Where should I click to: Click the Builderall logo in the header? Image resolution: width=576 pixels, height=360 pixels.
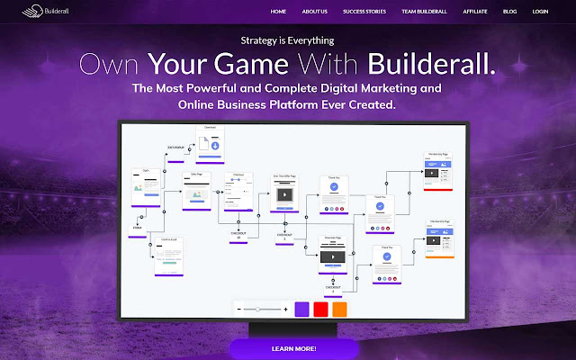point(29,13)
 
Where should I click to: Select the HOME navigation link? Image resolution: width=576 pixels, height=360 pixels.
point(278,13)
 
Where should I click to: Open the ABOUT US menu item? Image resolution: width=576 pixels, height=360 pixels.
point(315,13)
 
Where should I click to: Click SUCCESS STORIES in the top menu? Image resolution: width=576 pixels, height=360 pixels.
point(364,13)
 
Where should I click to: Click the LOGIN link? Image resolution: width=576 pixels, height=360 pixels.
point(540,13)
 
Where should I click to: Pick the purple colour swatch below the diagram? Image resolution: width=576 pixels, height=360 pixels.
point(301,309)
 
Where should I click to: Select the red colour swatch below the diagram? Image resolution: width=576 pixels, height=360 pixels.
point(320,309)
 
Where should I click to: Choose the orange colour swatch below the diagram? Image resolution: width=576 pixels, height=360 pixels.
point(339,309)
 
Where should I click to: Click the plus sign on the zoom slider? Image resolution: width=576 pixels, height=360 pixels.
point(285,309)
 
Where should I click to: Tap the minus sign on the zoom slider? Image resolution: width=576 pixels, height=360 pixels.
point(239,309)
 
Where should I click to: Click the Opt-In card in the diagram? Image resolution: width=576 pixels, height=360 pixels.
point(146,184)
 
